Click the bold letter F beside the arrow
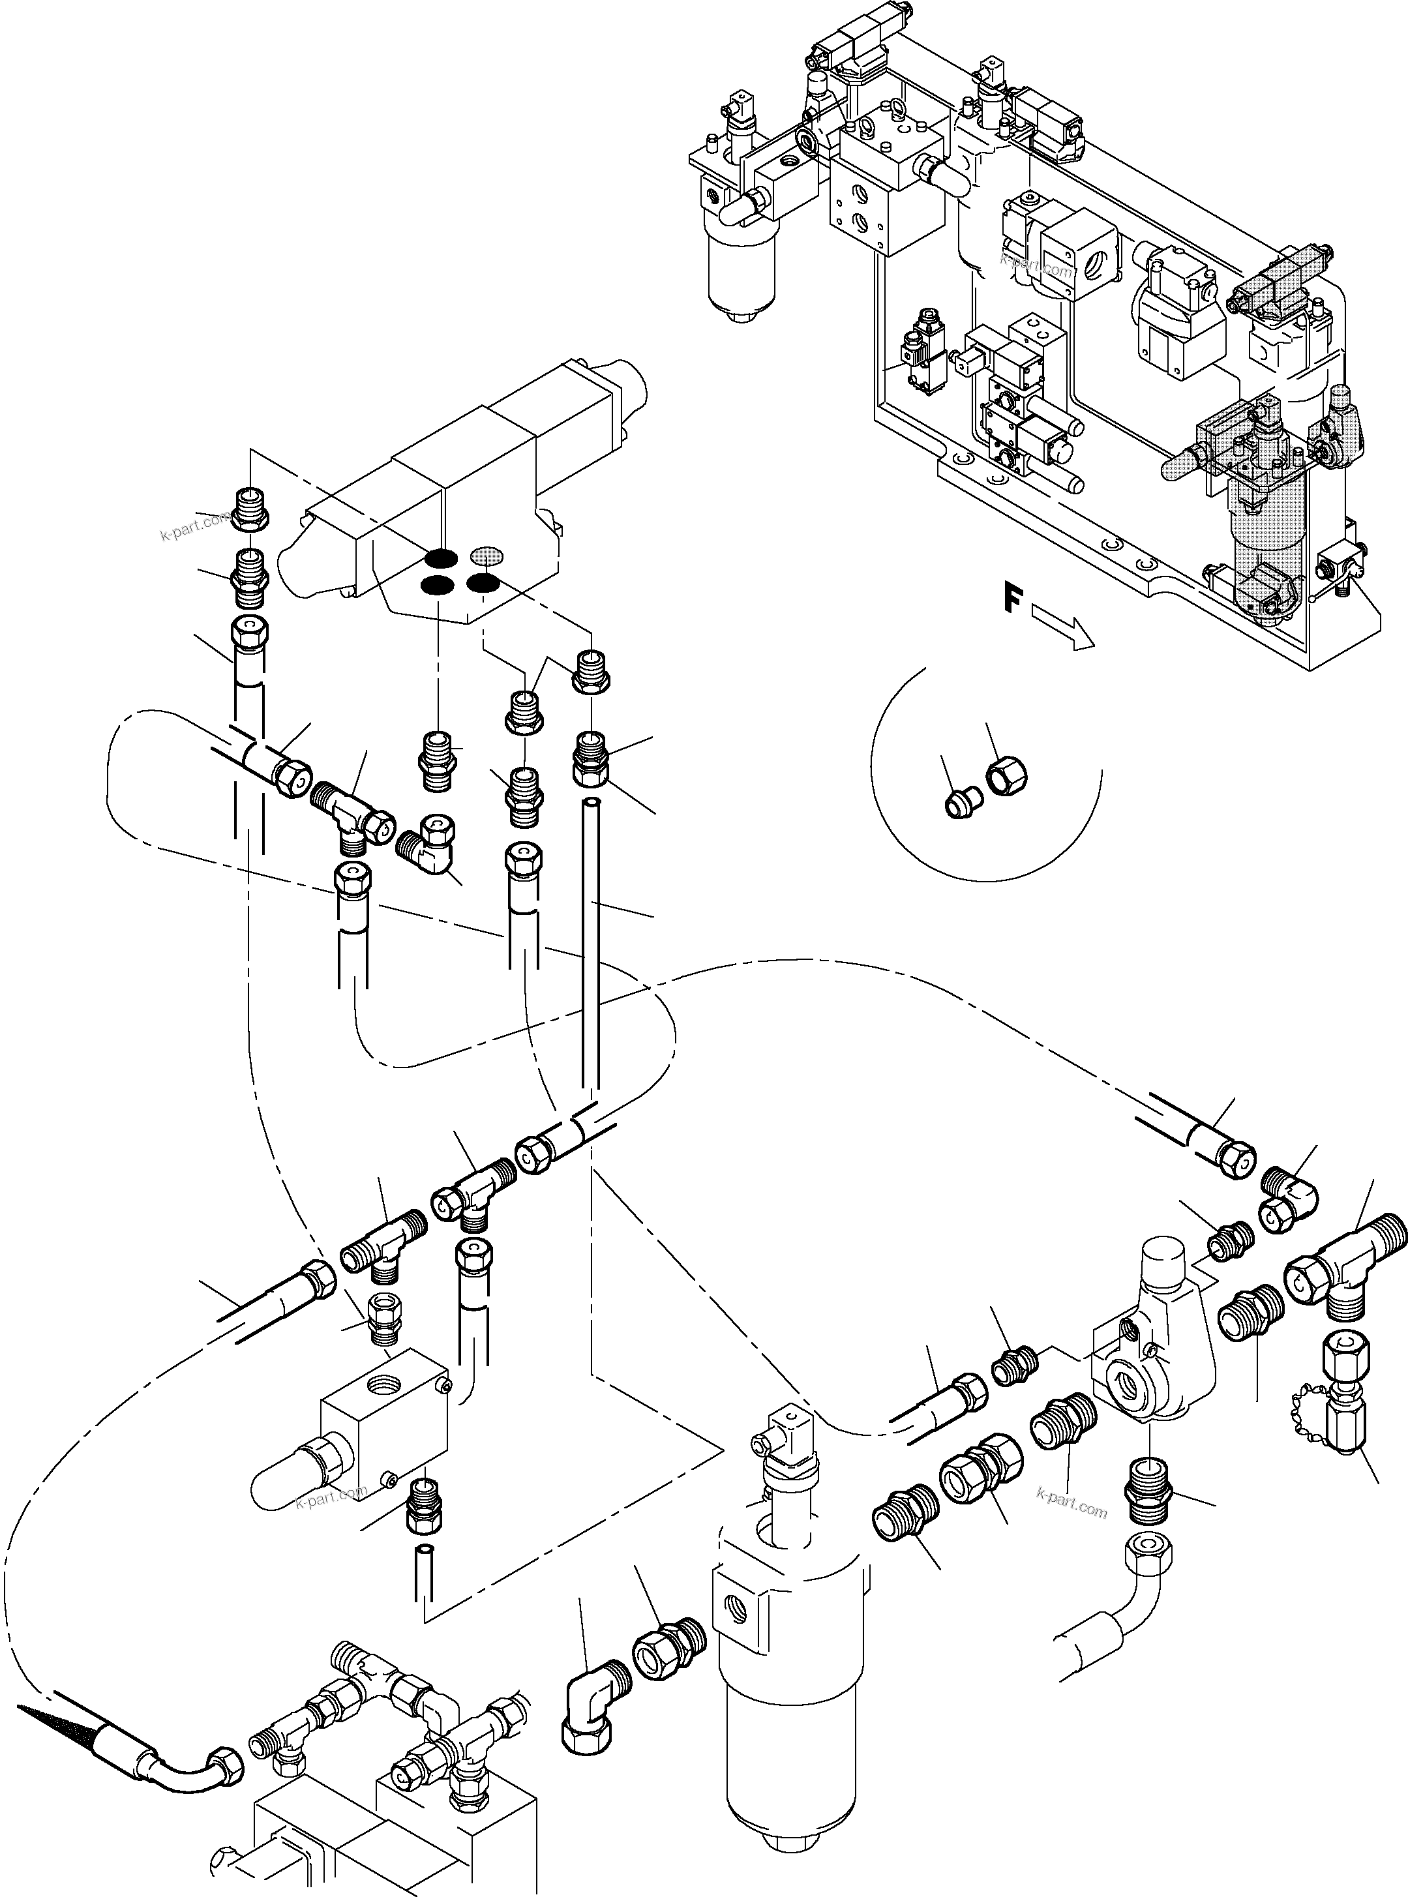(x=1011, y=601)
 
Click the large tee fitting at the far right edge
(x=1349, y=1257)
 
